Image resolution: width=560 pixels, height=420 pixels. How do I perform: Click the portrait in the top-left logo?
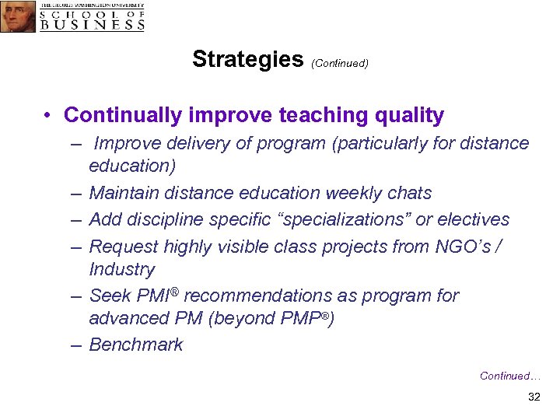pos(18,16)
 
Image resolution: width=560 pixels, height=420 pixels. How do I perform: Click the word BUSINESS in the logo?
pos(92,23)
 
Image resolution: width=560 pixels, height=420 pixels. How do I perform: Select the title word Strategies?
pos(247,59)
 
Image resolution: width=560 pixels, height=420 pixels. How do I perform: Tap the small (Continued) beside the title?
pos(339,63)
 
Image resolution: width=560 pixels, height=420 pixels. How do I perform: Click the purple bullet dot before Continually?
pos(48,116)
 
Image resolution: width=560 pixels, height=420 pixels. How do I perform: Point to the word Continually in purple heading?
pos(122,115)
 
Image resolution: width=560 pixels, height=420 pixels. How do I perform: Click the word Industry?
pos(122,269)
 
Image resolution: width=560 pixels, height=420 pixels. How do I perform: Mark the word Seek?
pos(108,296)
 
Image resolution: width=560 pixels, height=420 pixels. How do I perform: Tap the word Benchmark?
pos(136,345)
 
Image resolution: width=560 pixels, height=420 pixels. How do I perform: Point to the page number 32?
pos(534,397)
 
